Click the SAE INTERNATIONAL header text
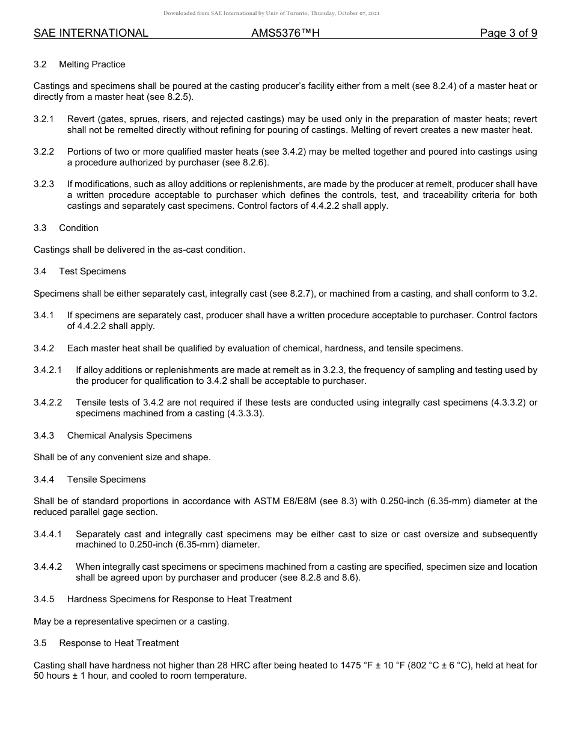(x=91, y=33)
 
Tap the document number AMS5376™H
(x=285, y=33)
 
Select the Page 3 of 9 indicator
(x=508, y=33)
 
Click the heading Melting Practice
(x=92, y=64)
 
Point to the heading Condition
(x=78, y=228)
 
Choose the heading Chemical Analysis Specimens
(x=129, y=436)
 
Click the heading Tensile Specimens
(x=106, y=479)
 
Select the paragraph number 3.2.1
(x=44, y=119)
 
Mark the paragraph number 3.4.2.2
(x=48, y=402)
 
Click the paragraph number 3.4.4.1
(x=48, y=534)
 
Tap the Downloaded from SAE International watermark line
(x=271, y=13)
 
